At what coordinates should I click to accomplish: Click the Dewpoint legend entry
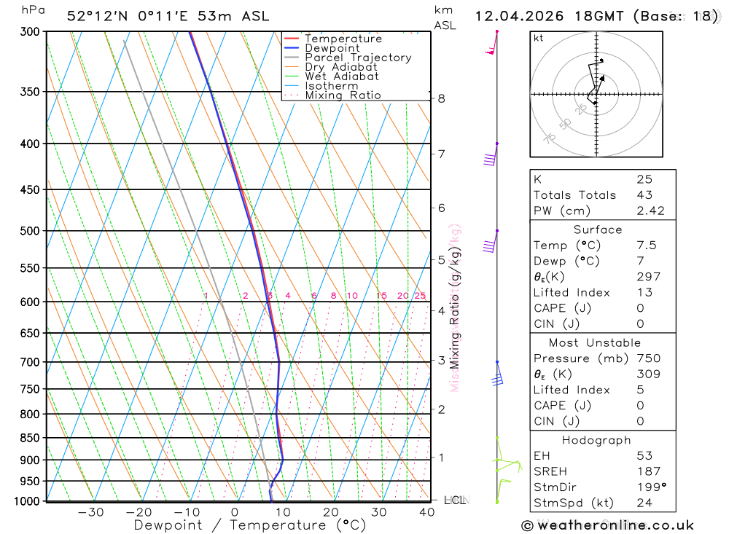tap(332, 48)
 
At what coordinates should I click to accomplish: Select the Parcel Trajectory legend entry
tap(357, 58)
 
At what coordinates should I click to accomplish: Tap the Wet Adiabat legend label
tap(341, 76)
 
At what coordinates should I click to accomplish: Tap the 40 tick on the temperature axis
tap(427, 512)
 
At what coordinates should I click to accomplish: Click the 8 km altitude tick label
tap(442, 98)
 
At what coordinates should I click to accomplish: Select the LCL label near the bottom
tap(455, 500)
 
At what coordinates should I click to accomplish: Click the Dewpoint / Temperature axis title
tap(250, 525)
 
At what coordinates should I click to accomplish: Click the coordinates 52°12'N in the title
tap(100, 16)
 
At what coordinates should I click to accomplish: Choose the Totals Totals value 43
tap(644, 195)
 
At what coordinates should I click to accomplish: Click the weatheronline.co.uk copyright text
tap(608, 525)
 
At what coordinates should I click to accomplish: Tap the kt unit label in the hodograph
tap(538, 38)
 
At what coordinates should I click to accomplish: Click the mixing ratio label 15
tap(381, 296)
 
